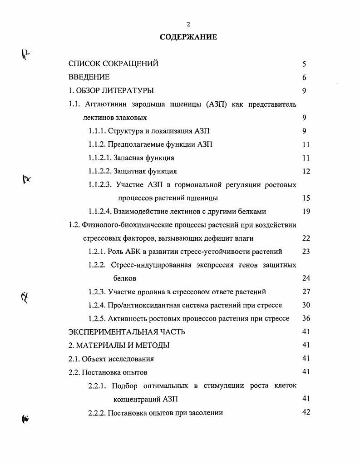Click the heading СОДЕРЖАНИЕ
[x=188, y=37]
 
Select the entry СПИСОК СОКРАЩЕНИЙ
[x=113, y=64]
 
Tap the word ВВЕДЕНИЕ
[x=89, y=77]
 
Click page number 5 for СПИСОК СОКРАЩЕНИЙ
[x=304, y=64]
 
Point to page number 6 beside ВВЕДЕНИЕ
[x=304, y=78]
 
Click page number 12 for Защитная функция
[x=306, y=172]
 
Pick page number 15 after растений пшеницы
[x=306, y=198]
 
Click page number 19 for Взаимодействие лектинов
[x=306, y=212]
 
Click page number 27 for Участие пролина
[x=306, y=292]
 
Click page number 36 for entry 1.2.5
[x=306, y=319]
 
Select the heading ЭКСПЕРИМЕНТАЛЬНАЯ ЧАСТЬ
[x=127, y=332]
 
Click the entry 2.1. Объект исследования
[x=111, y=359]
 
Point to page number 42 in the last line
[x=306, y=413]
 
